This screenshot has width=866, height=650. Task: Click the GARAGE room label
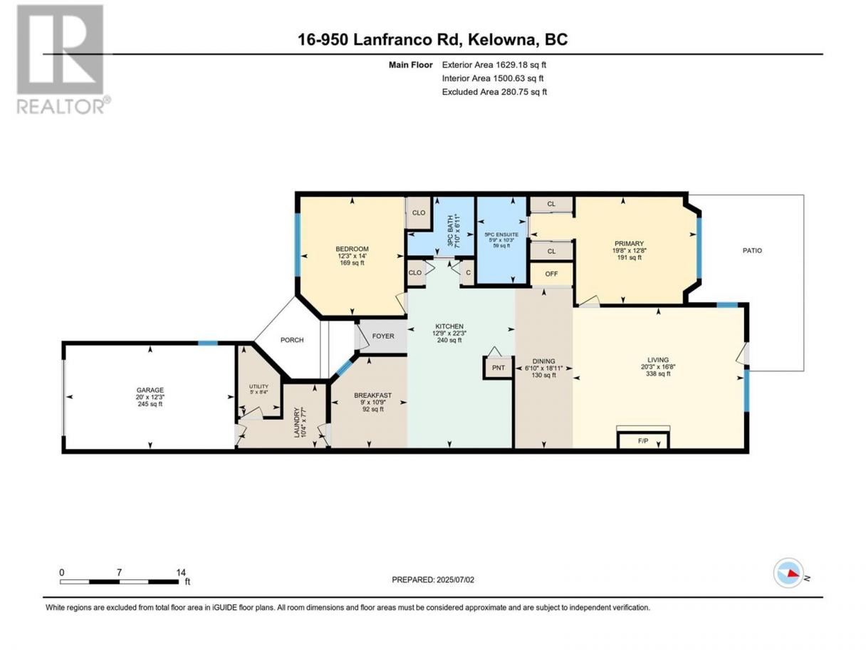click(x=150, y=390)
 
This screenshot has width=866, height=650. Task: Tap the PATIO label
click(x=752, y=251)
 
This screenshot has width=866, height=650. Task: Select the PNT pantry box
click(x=499, y=368)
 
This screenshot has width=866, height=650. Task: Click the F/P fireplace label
click(x=642, y=441)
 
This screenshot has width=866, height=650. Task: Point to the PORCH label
click(x=292, y=340)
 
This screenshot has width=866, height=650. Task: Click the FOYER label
click(x=383, y=336)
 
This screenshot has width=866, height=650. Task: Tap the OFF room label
click(x=551, y=274)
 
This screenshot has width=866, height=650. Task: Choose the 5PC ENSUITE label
click(x=501, y=234)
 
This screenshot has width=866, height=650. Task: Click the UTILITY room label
click(x=259, y=386)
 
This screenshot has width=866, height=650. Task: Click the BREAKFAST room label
click(x=372, y=395)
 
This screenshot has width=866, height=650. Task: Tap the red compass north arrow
click(x=792, y=574)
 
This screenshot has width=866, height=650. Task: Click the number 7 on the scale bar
click(x=119, y=572)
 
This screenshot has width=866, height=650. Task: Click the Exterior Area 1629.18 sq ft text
click(x=494, y=65)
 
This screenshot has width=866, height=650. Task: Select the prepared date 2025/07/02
click(x=455, y=579)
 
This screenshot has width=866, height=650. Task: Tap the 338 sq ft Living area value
click(x=657, y=373)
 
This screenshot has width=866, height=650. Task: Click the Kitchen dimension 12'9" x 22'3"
click(x=449, y=333)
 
